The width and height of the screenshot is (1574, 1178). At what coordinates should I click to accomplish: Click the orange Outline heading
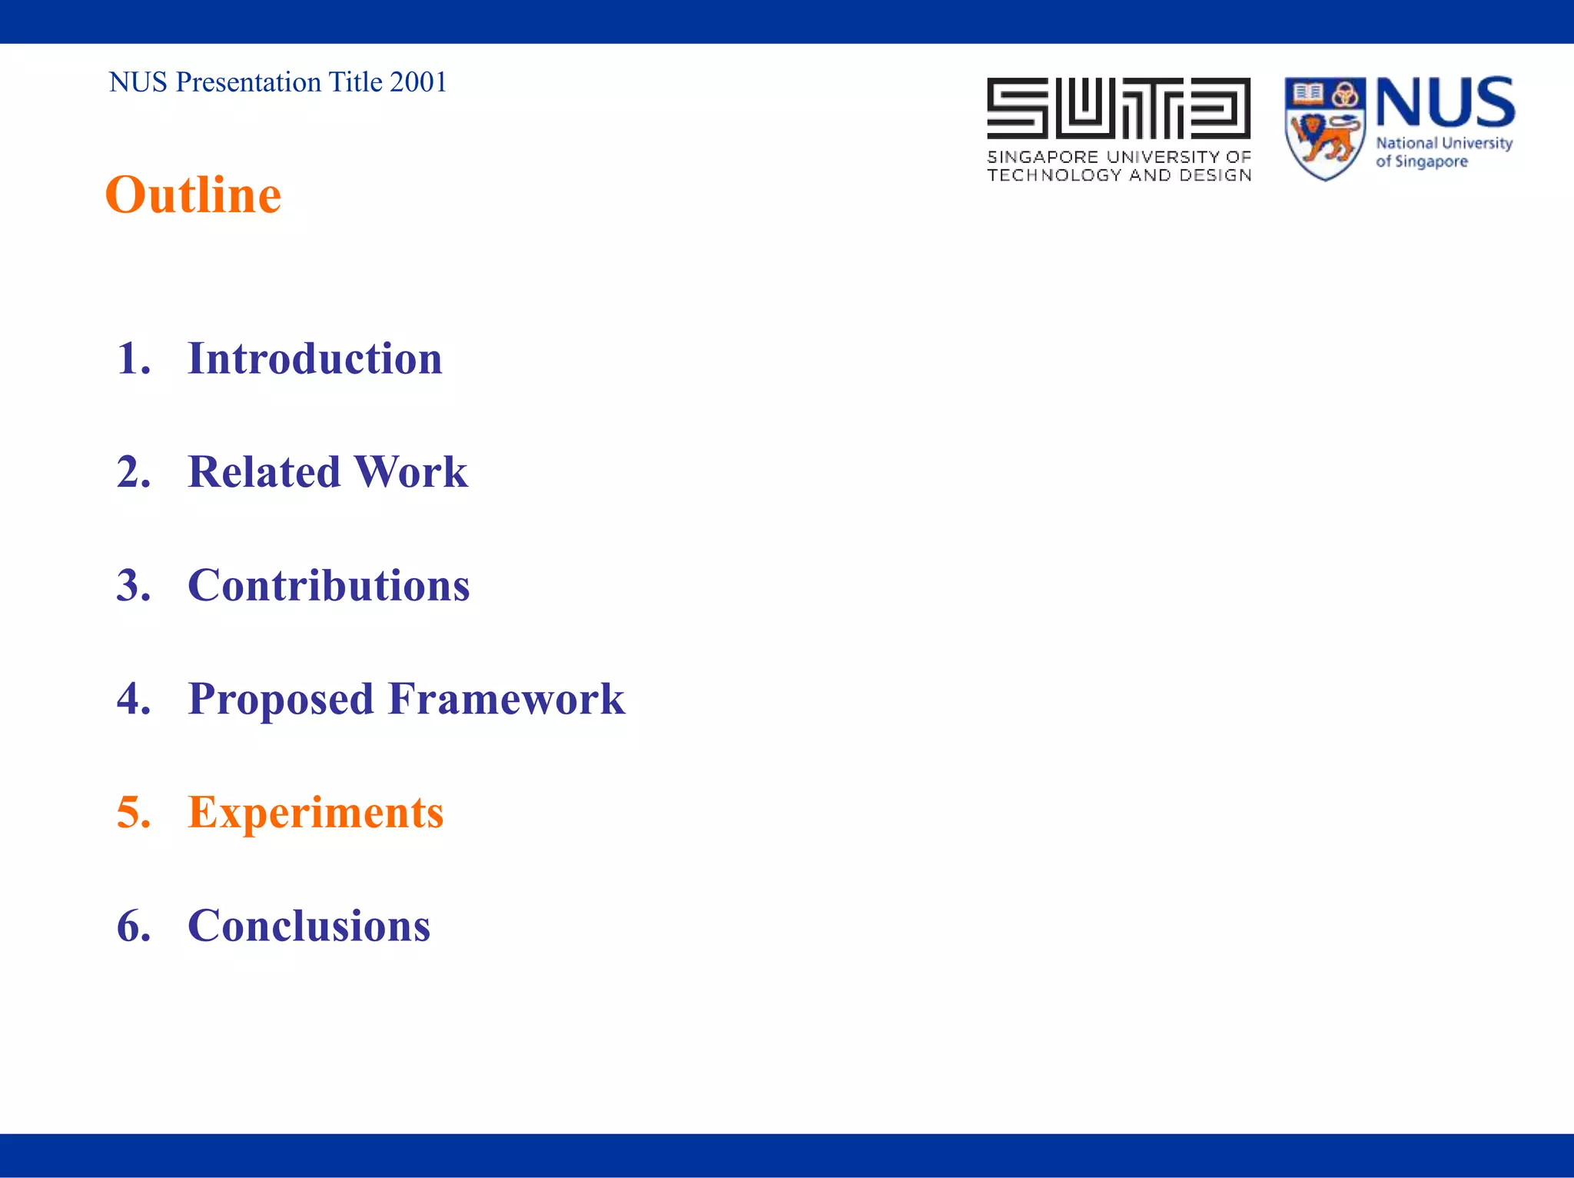click(x=193, y=195)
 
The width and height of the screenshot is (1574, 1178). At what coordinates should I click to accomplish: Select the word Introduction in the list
click(x=315, y=359)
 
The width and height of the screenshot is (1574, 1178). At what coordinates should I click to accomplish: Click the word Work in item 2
click(x=410, y=472)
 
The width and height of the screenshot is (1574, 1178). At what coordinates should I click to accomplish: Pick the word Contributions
click(x=328, y=586)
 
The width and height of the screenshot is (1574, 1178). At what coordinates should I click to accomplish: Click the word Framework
click(x=506, y=699)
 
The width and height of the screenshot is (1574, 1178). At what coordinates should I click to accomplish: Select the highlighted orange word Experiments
click(x=315, y=813)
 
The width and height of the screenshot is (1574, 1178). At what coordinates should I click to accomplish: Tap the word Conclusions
click(x=309, y=926)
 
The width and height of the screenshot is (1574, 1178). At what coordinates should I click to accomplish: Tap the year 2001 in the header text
click(x=418, y=82)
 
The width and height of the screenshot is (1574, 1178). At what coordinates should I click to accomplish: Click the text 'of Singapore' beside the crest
click(x=1421, y=162)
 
